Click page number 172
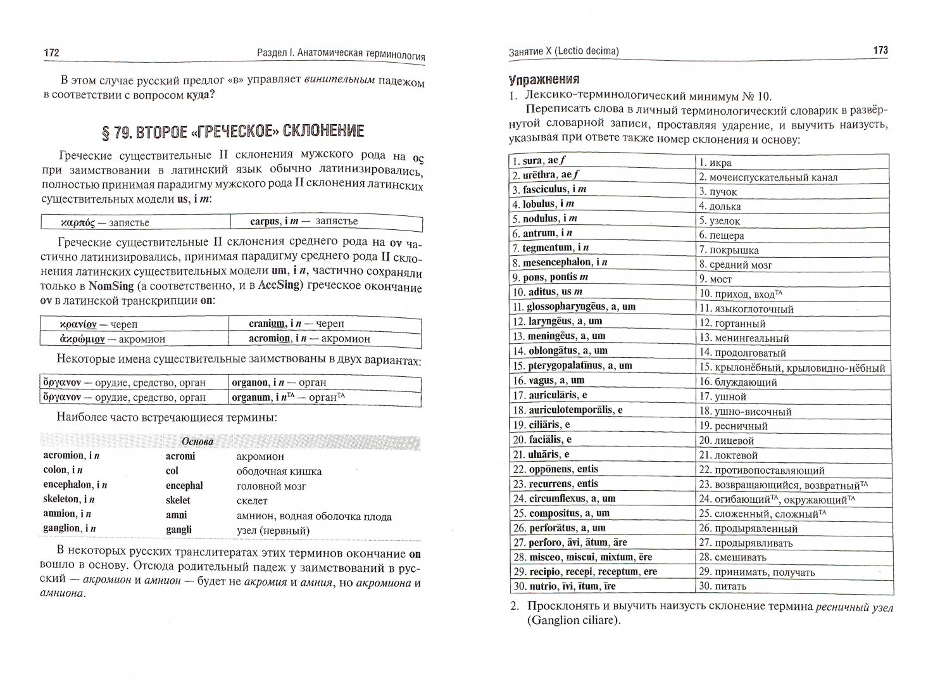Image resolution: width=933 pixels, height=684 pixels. click(51, 53)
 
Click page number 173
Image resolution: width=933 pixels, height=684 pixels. click(880, 51)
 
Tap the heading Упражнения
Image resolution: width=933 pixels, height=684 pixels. click(544, 80)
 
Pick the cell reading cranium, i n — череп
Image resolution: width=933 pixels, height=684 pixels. click(297, 323)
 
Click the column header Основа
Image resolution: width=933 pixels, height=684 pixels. click(197, 441)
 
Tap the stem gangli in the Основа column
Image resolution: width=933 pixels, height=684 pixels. click(178, 529)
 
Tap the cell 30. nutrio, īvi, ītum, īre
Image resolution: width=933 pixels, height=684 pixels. click(564, 586)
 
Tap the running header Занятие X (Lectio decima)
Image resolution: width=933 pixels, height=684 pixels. click(563, 51)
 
